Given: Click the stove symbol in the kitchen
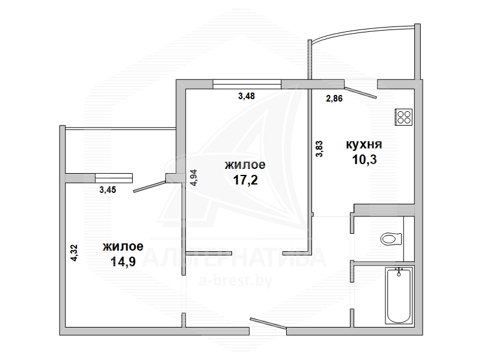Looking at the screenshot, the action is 403,117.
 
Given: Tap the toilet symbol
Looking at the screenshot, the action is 391,239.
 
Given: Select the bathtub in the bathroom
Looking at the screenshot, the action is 399,295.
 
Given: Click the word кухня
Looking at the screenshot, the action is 364,144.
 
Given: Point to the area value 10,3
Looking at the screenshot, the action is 364,159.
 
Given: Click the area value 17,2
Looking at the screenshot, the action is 245,180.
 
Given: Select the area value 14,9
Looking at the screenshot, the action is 123,261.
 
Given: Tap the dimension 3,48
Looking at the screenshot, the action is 247,96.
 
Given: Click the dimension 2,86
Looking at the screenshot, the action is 334,99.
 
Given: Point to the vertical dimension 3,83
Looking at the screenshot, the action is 319,148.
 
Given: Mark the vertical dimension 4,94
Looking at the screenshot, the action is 194,178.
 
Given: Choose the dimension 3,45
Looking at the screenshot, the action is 108,190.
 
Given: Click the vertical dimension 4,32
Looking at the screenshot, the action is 74,252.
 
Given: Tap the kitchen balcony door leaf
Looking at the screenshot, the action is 361,92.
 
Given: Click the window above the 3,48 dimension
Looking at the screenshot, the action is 247,84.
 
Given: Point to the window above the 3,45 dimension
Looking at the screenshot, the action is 114,178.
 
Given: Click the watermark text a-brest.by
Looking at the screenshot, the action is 236,281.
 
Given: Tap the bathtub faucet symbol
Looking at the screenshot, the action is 399,272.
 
